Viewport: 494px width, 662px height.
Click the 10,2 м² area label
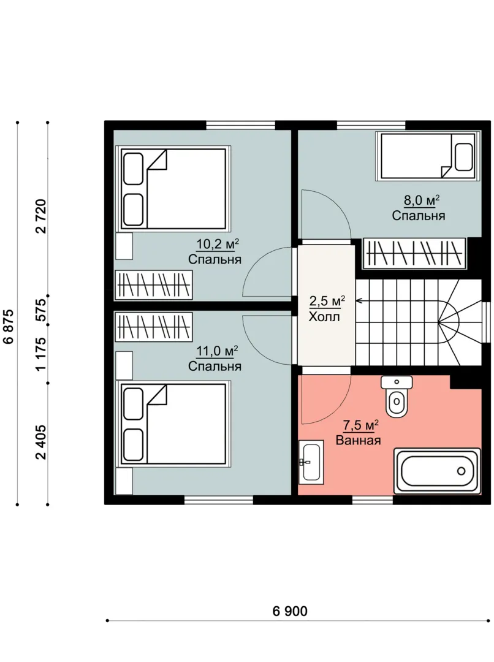218,244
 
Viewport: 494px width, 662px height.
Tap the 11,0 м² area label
218,351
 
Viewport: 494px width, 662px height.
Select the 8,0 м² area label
421,200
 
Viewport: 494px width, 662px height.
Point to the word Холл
324,317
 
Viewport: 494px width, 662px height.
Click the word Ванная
358,440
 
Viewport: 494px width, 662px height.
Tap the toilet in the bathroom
397,396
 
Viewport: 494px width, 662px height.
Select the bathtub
437,470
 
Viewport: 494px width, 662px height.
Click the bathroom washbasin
311,462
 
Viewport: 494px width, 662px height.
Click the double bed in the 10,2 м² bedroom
173,189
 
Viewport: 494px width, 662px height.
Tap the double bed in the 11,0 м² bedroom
173,424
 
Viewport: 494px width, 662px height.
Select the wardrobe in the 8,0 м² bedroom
414,254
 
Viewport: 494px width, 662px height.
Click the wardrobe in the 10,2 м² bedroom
154,284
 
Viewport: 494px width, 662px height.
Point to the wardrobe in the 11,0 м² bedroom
154,327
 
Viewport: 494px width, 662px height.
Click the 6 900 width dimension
290,611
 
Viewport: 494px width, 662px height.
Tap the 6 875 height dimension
9,327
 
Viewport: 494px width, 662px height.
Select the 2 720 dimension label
41,216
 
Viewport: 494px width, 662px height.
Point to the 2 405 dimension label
41,442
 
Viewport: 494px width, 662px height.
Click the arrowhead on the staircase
359,301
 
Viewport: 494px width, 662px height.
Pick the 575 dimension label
41,311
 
